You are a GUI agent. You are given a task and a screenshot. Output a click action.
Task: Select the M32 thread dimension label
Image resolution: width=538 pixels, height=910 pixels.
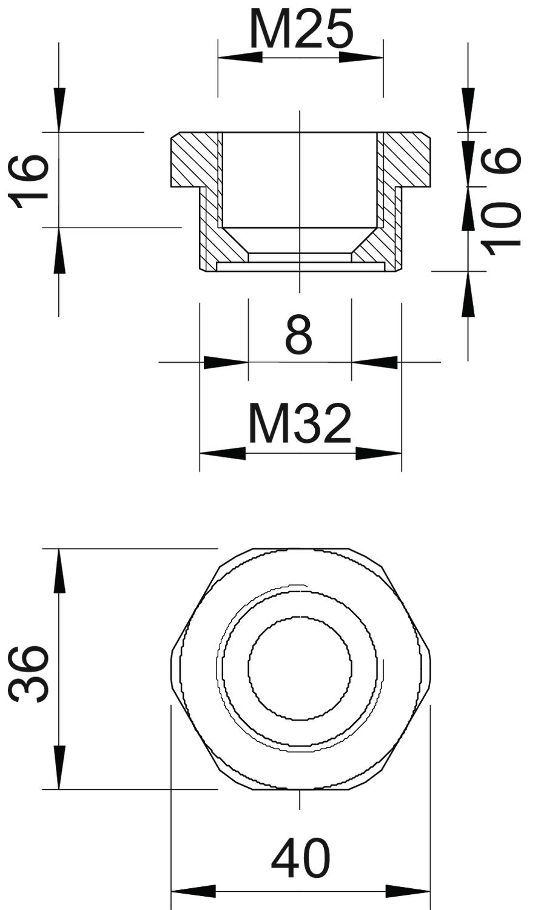(300, 423)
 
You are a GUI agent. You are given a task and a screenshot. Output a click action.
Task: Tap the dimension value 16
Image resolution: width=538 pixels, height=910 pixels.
(29, 181)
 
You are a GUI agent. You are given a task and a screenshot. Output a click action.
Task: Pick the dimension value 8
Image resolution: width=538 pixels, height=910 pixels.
(299, 335)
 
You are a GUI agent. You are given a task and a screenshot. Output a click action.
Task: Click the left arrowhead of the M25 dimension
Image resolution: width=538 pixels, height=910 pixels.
(240, 57)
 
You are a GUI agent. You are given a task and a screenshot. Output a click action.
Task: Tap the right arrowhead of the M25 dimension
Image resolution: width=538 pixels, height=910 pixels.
(361, 57)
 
